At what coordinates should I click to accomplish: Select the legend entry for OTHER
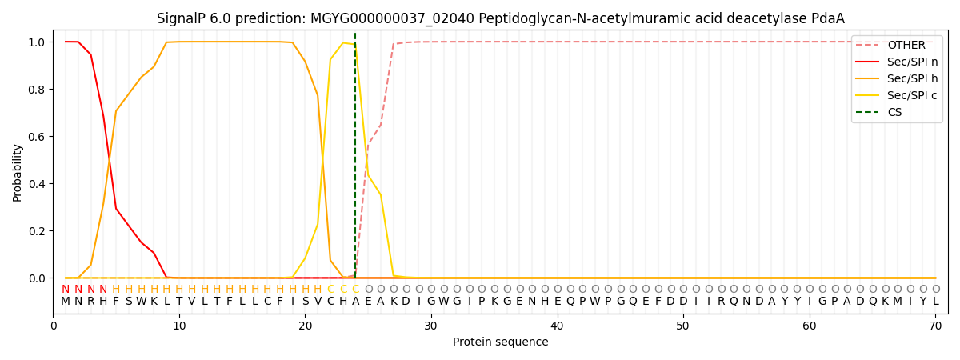(x=897, y=45)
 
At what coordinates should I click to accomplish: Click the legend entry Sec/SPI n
(x=897, y=62)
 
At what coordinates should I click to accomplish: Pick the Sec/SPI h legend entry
(x=897, y=78)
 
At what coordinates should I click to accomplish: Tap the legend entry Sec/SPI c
(x=897, y=95)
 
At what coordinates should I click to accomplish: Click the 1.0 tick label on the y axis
(x=37, y=42)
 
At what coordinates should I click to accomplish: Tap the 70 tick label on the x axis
(x=935, y=326)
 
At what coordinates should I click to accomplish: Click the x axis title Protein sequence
(x=500, y=342)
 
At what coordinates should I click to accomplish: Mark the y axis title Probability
(x=17, y=173)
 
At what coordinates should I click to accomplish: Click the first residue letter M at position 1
(x=66, y=302)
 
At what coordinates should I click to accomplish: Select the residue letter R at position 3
(x=91, y=302)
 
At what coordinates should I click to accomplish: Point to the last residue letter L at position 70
(x=936, y=302)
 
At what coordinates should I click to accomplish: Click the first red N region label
(x=66, y=290)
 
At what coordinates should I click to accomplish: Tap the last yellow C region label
(x=356, y=290)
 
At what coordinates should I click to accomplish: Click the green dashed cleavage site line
(x=355, y=155)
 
